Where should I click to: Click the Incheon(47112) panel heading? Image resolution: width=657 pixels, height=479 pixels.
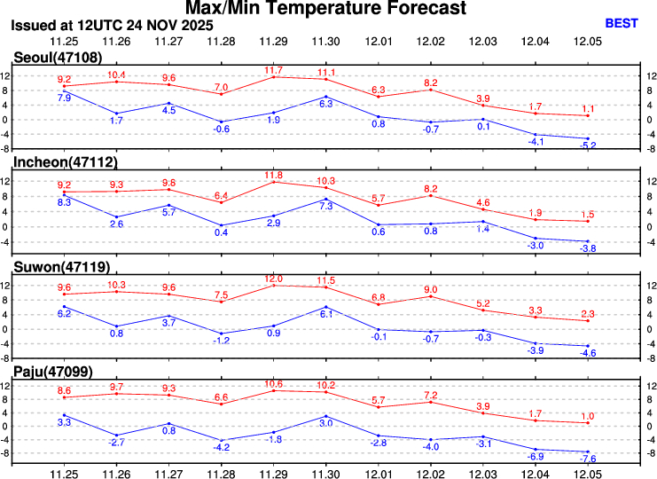[65, 161]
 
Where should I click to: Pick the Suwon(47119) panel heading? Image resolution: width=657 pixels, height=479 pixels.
[61, 266]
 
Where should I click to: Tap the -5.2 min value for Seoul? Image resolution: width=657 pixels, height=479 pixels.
[587, 145]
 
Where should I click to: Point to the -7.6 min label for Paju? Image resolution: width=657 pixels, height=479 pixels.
[587, 459]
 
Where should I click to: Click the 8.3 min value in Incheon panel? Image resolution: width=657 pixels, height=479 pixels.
[65, 203]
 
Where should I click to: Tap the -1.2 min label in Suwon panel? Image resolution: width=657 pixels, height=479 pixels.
[222, 341]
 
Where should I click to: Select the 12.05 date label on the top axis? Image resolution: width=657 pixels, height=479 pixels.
[587, 42]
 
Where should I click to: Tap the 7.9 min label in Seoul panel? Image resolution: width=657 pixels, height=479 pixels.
[65, 98]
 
